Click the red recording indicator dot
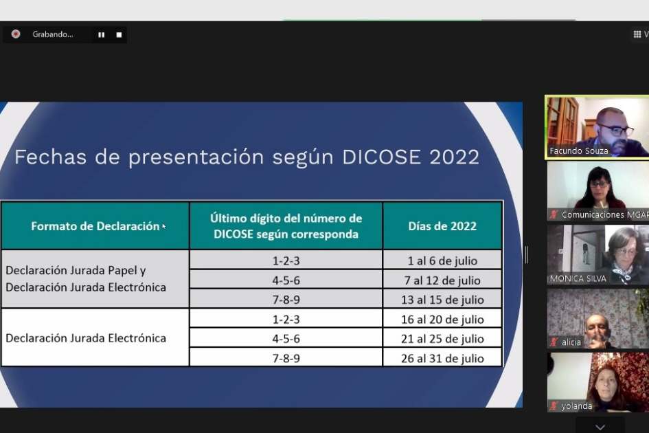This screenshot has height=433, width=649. [16, 34]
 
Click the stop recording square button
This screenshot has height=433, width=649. [119, 35]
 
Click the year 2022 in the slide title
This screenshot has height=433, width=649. [454, 157]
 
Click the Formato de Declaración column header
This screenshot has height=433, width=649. [95, 226]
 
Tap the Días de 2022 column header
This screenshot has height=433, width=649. [442, 226]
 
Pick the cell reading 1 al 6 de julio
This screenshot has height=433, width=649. [442, 260]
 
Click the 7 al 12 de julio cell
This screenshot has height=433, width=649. [442, 280]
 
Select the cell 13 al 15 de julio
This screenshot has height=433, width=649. [442, 300]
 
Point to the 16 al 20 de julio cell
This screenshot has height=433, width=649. [442, 320]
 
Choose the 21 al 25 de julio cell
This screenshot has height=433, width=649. [442, 339]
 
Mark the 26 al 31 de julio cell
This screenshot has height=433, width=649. [442, 358]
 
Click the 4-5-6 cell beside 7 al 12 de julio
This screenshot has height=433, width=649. [286, 280]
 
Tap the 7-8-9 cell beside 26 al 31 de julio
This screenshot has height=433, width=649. [286, 358]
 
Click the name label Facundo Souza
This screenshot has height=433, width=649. [579, 151]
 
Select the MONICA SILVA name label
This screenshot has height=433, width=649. [578, 278]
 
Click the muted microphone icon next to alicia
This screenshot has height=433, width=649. [554, 342]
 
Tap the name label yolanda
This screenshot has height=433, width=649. [577, 406]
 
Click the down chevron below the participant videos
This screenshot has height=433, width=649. [600, 427]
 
